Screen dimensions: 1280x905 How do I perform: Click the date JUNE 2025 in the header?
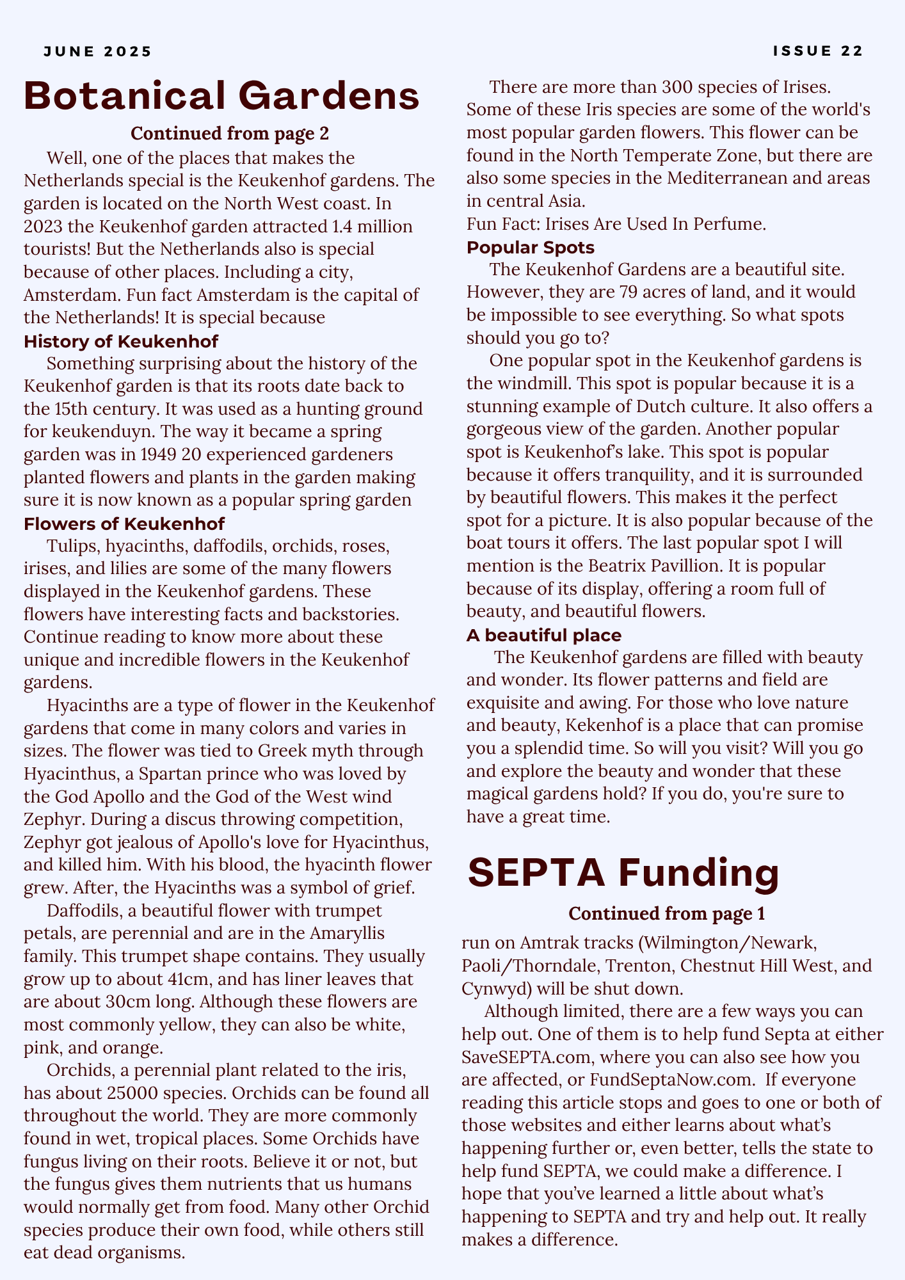click(x=98, y=51)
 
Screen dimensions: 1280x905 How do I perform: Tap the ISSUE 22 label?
click(x=818, y=51)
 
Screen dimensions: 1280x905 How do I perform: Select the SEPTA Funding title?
click(x=623, y=873)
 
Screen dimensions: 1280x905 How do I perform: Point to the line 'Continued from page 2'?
click(x=229, y=134)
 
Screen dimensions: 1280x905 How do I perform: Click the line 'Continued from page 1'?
click(x=666, y=913)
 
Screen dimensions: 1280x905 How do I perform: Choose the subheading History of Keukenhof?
click(x=121, y=341)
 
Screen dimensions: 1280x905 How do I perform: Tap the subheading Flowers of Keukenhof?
click(x=124, y=524)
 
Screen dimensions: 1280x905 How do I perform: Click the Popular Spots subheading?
click(x=530, y=247)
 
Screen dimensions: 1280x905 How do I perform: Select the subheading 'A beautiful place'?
click(x=543, y=635)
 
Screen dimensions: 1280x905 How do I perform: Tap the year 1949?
click(x=157, y=454)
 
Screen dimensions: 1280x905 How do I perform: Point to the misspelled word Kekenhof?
click(x=603, y=725)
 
